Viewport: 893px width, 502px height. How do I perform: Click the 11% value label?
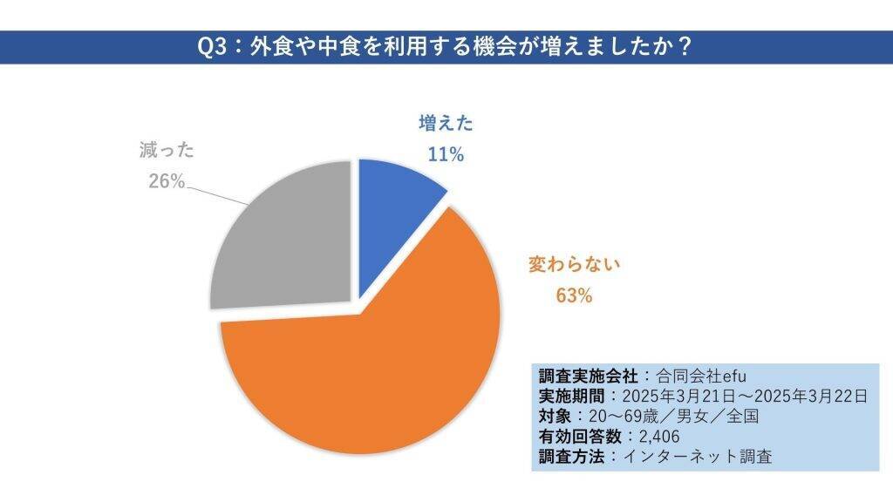(x=445, y=154)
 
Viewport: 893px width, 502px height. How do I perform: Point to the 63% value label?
(x=574, y=295)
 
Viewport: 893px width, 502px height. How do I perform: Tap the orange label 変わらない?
(x=574, y=264)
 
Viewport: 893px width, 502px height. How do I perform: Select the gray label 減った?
(x=166, y=150)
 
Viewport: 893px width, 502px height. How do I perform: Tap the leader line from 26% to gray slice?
(x=218, y=193)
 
